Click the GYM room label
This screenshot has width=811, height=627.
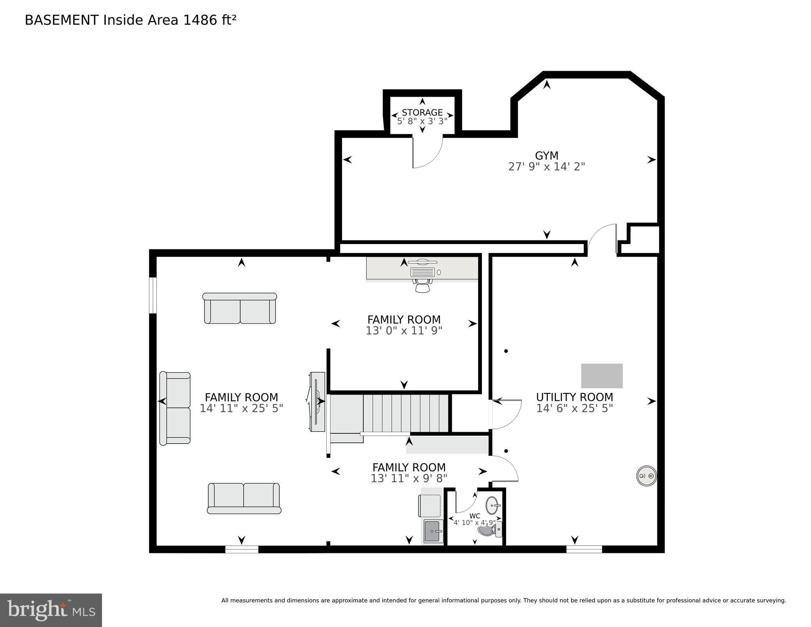click(546, 156)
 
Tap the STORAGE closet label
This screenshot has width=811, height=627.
click(422, 112)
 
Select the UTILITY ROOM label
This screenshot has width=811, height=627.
click(574, 397)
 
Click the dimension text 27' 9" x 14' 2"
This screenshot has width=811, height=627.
click(546, 167)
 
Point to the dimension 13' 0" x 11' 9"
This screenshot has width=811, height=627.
click(404, 331)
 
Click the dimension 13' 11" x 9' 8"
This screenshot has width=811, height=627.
click(409, 478)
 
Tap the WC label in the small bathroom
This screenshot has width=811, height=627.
click(474, 516)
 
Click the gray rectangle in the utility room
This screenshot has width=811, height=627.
click(602, 375)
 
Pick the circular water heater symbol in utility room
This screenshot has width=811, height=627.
click(646, 476)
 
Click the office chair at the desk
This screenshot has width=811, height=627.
click(423, 285)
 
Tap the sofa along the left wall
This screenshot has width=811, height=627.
click(175, 408)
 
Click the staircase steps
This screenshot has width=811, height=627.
click(405, 413)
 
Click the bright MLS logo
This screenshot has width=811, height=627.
click(51, 610)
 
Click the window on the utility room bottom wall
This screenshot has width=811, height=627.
click(584, 549)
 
